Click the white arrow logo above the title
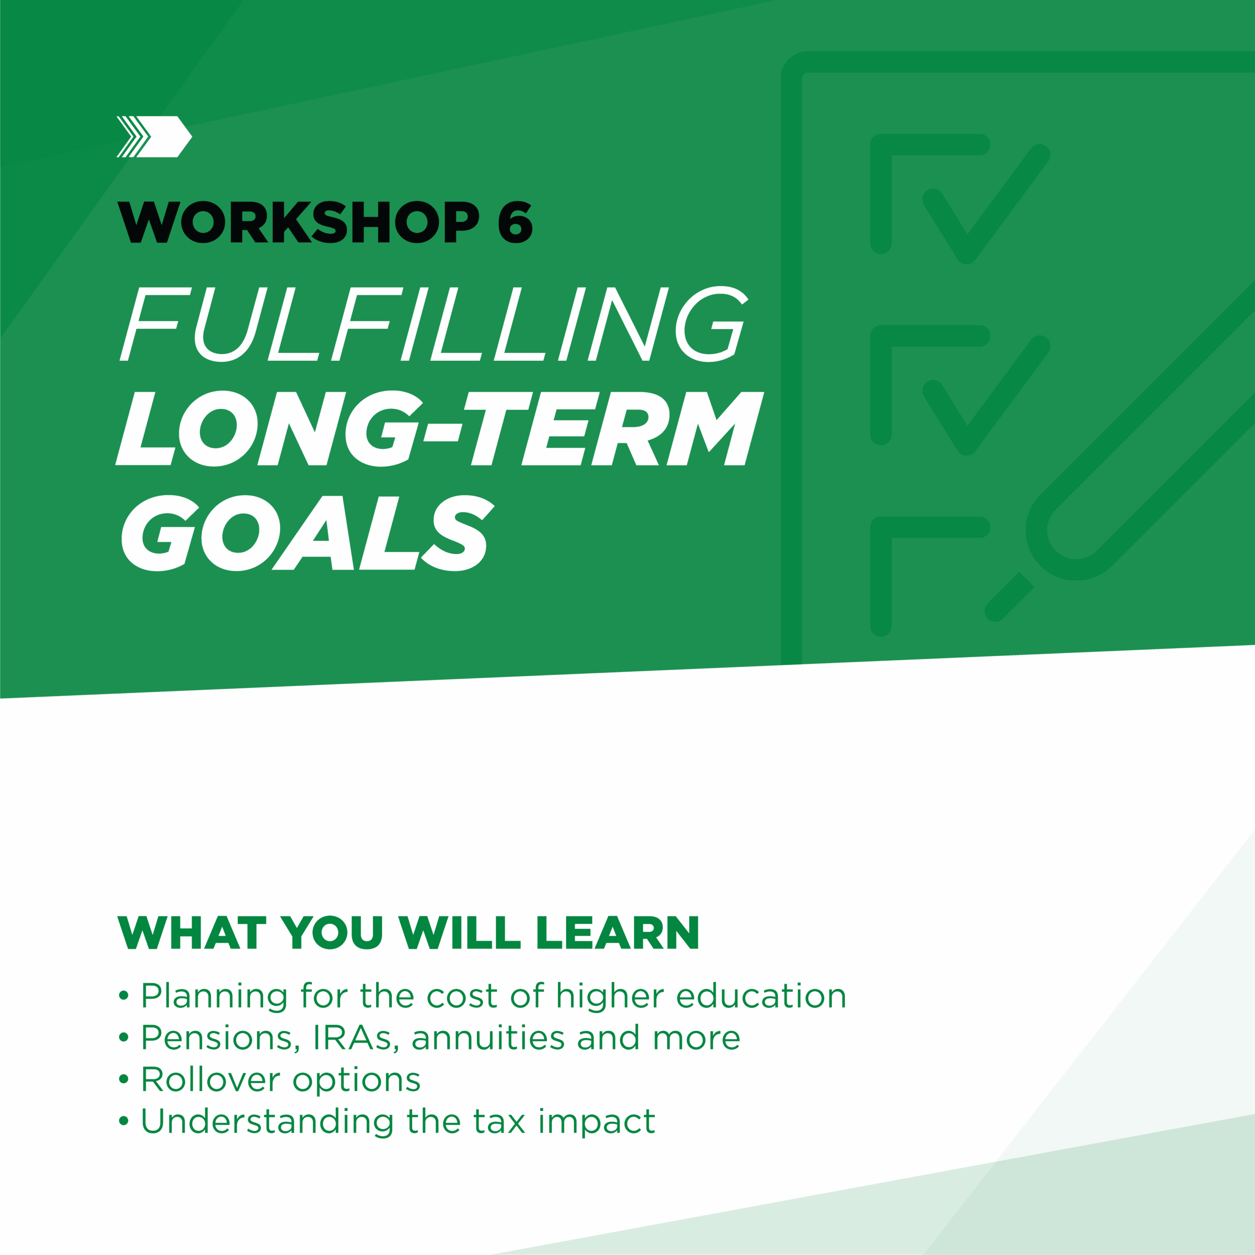pyautogui.click(x=154, y=136)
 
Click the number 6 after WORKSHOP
pyautogui.click(x=515, y=222)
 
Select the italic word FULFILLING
pyautogui.click(x=434, y=324)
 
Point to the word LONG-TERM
pyautogui.click(x=440, y=428)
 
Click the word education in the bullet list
pyautogui.click(x=761, y=997)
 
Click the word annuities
pyautogui.click(x=488, y=1038)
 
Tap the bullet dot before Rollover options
pyautogui.click(x=124, y=1081)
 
